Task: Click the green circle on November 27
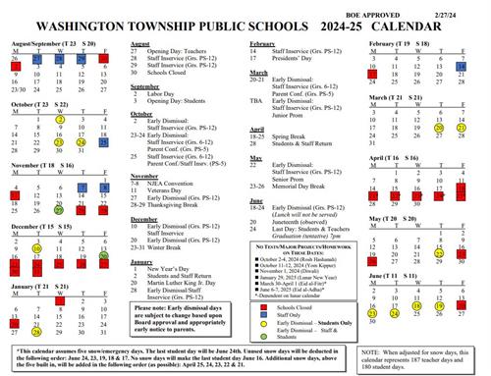pos(60,211)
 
